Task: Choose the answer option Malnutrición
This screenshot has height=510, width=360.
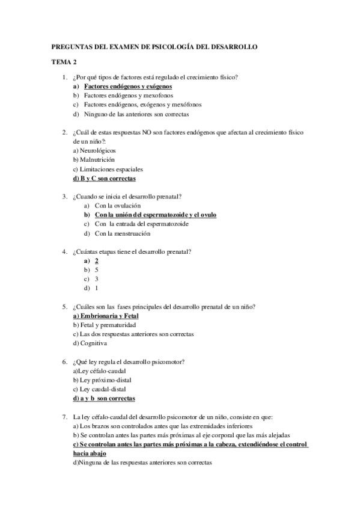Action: pos(96,159)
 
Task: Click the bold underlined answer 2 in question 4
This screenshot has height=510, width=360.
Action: pos(97,260)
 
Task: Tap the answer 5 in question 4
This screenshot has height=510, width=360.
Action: pos(97,270)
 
